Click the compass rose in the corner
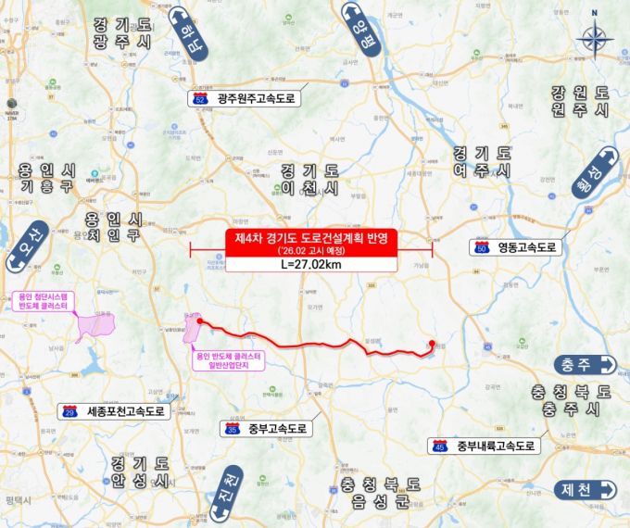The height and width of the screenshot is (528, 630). (x=592, y=39)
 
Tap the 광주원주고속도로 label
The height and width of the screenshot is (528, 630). (x=256, y=97)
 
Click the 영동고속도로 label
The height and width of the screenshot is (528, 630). (x=525, y=247)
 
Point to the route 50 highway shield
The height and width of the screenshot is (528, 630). (x=482, y=247)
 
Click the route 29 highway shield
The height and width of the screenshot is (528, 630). (x=69, y=410)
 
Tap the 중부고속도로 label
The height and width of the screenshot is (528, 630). (x=276, y=429)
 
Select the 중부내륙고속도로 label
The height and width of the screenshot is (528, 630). (x=496, y=446)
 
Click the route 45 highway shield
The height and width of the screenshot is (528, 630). (x=440, y=446)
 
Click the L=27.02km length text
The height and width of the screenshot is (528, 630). (x=310, y=264)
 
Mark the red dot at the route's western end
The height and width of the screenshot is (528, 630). (x=199, y=322)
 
